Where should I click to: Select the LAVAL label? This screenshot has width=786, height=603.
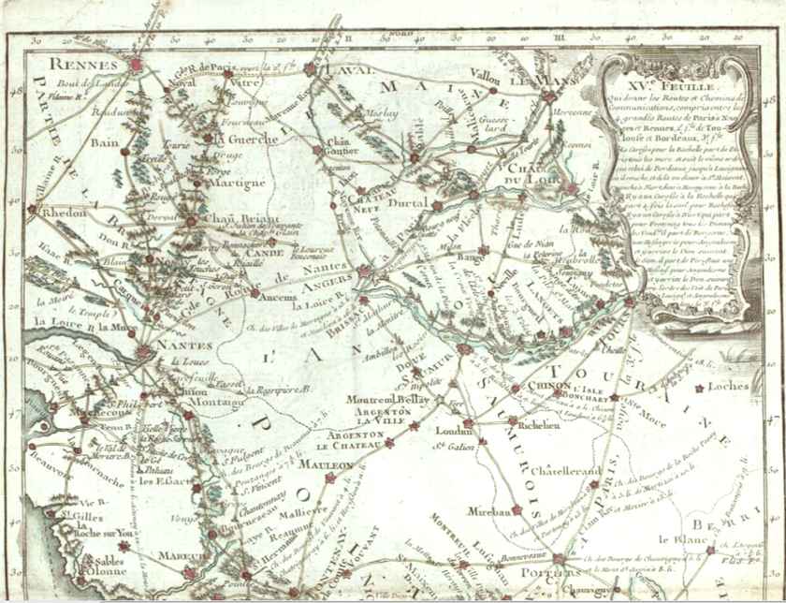[x=345, y=70]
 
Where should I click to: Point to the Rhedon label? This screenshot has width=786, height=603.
[x=65, y=213]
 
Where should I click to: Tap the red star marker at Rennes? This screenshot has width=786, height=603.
[x=137, y=66]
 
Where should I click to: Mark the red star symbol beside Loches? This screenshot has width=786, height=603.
[x=700, y=387]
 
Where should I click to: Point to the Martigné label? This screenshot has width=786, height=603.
[x=237, y=184]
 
